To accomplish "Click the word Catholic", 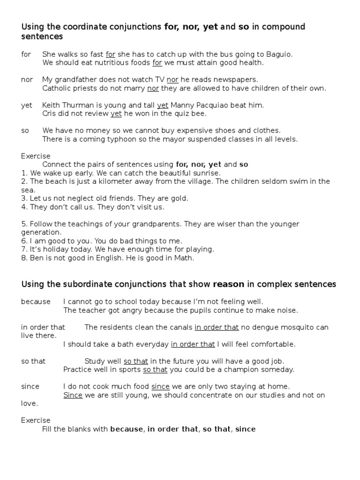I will pyautogui.click(x=57, y=88).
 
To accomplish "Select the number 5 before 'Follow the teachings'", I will pyautogui.click(x=23, y=224).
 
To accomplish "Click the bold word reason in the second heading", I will pyautogui.click(x=229, y=284).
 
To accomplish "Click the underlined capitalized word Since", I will pyautogui.click(x=73, y=395).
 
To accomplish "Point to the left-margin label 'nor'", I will pyautogui.click(x=27, y=80).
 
